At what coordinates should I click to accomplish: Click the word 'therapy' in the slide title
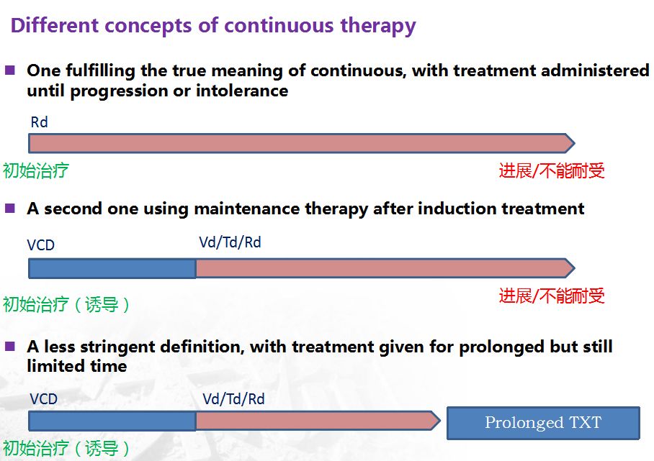point(378,26)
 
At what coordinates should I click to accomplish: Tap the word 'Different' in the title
point(55,25)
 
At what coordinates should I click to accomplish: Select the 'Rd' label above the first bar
point(39,122)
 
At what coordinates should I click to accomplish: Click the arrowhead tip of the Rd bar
point(575,143)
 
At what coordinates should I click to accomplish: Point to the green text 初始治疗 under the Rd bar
point(36,170)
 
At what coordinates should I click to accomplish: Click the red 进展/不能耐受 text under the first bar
point(552,170)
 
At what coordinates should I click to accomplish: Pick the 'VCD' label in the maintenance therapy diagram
point(40,245)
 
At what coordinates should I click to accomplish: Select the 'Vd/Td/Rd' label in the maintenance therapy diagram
point(230,242)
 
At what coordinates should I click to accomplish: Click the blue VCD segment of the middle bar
point(112,268)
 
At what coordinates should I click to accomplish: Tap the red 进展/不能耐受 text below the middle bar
point(552,296)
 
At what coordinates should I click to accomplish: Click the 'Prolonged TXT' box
point(543,423)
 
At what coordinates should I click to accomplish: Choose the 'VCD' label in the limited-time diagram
point(43,399)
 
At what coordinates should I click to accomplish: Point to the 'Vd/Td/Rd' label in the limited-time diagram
point(233,399)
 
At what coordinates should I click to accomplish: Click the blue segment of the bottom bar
point(112,421)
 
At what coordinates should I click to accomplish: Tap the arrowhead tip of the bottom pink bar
point(440,421)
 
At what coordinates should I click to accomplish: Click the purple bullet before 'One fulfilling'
point(9,70)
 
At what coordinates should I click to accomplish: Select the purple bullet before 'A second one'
point(9,208)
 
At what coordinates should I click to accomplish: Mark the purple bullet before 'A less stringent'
point(9,346)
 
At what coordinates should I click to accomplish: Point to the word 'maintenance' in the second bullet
point(246,209)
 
